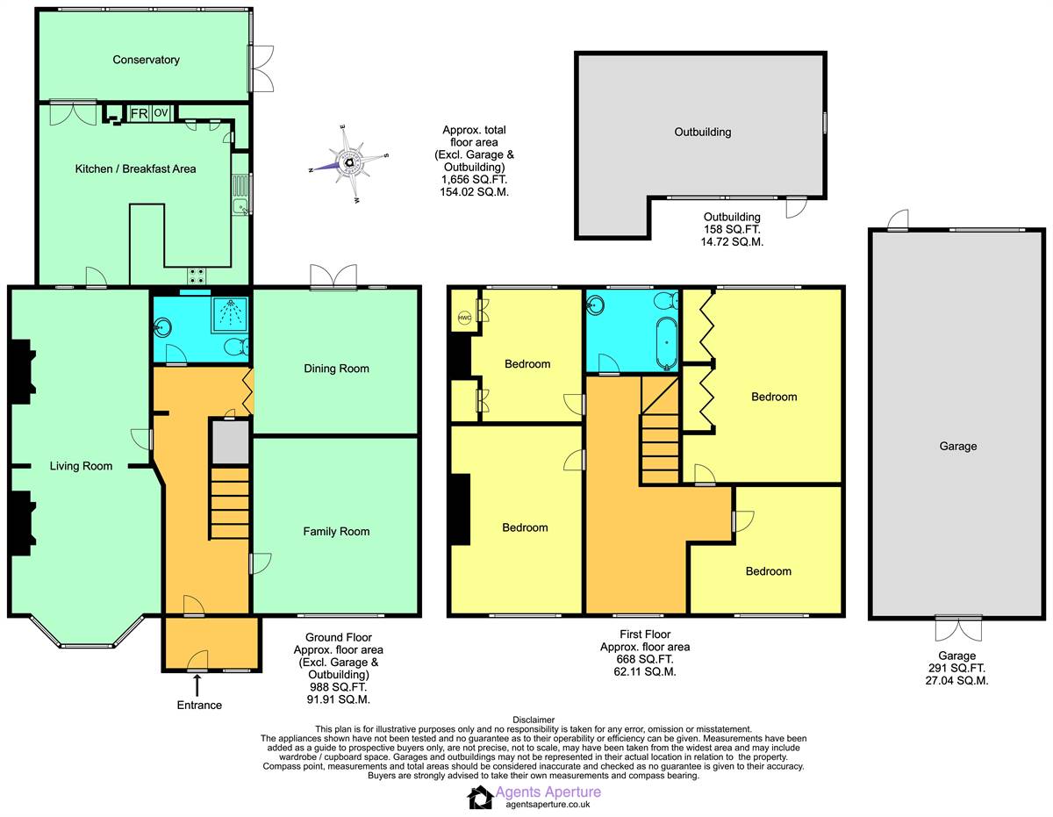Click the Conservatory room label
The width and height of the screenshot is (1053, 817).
pos(146,60)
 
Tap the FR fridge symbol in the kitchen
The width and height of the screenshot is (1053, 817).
pos(139,113)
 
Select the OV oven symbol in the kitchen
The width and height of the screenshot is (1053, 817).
pos(161,113)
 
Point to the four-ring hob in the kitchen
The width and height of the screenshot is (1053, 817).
pos(197,276)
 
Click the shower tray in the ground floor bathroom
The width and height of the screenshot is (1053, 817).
pos(230,314)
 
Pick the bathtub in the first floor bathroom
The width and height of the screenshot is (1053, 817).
pos(667,343)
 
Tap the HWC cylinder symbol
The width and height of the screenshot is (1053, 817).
pos(464,318)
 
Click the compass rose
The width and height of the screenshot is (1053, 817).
pos(349,164)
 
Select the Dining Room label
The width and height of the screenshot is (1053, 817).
pos(336,369)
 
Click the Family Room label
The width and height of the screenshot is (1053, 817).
pos(336,532)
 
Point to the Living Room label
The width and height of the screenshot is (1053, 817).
pos(81,466)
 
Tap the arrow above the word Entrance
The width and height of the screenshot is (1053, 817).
pos(197,685)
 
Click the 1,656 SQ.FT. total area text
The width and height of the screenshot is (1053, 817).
pos(474,179)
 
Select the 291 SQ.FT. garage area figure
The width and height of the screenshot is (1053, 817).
pos(956,668)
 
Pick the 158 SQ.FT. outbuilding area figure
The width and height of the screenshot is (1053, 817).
pos(732,229)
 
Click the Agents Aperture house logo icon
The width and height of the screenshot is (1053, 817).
pos(480,798)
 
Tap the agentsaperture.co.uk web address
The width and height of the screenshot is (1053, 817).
pos(548,805)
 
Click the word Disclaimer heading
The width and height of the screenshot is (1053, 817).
pos(534,720)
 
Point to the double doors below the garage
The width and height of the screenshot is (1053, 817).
pos(958,628)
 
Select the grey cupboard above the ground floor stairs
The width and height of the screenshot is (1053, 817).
pos(231,443)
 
